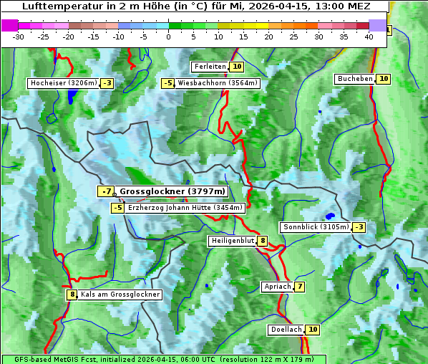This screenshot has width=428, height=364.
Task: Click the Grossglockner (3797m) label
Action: (x=172, y=191)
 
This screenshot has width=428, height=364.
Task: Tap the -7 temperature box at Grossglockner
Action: (x=106, y=191)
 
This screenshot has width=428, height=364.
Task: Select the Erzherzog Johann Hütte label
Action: (x=185, y=208)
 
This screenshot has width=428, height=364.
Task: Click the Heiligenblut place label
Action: (x=232, y=241)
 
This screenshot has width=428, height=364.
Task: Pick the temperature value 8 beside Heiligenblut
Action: (x=263, y=241)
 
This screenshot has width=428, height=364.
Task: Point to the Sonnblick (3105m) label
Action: (x=316, y=227)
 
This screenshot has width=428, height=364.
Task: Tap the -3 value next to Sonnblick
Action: (x=359, y=227)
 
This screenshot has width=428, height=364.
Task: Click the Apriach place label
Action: (x=278, y=287)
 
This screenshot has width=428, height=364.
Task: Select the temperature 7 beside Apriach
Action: (x=299, y=287)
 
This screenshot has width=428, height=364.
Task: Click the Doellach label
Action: (x=286, y=330)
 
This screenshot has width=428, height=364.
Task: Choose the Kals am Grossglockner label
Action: (x=120, y=294)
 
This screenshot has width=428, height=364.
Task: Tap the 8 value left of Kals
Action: (x=72, y=294)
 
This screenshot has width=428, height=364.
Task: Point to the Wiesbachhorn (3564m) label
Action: (x=218, y=83)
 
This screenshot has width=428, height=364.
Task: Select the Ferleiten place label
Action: (x=210, y=67)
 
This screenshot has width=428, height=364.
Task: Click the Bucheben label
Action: (x=355, y=78)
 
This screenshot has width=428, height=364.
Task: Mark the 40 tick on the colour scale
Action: (x=369, y=37)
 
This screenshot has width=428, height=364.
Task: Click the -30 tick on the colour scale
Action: (x=19, y=37)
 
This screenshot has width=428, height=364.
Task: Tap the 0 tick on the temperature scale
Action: (x=169, y=37)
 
